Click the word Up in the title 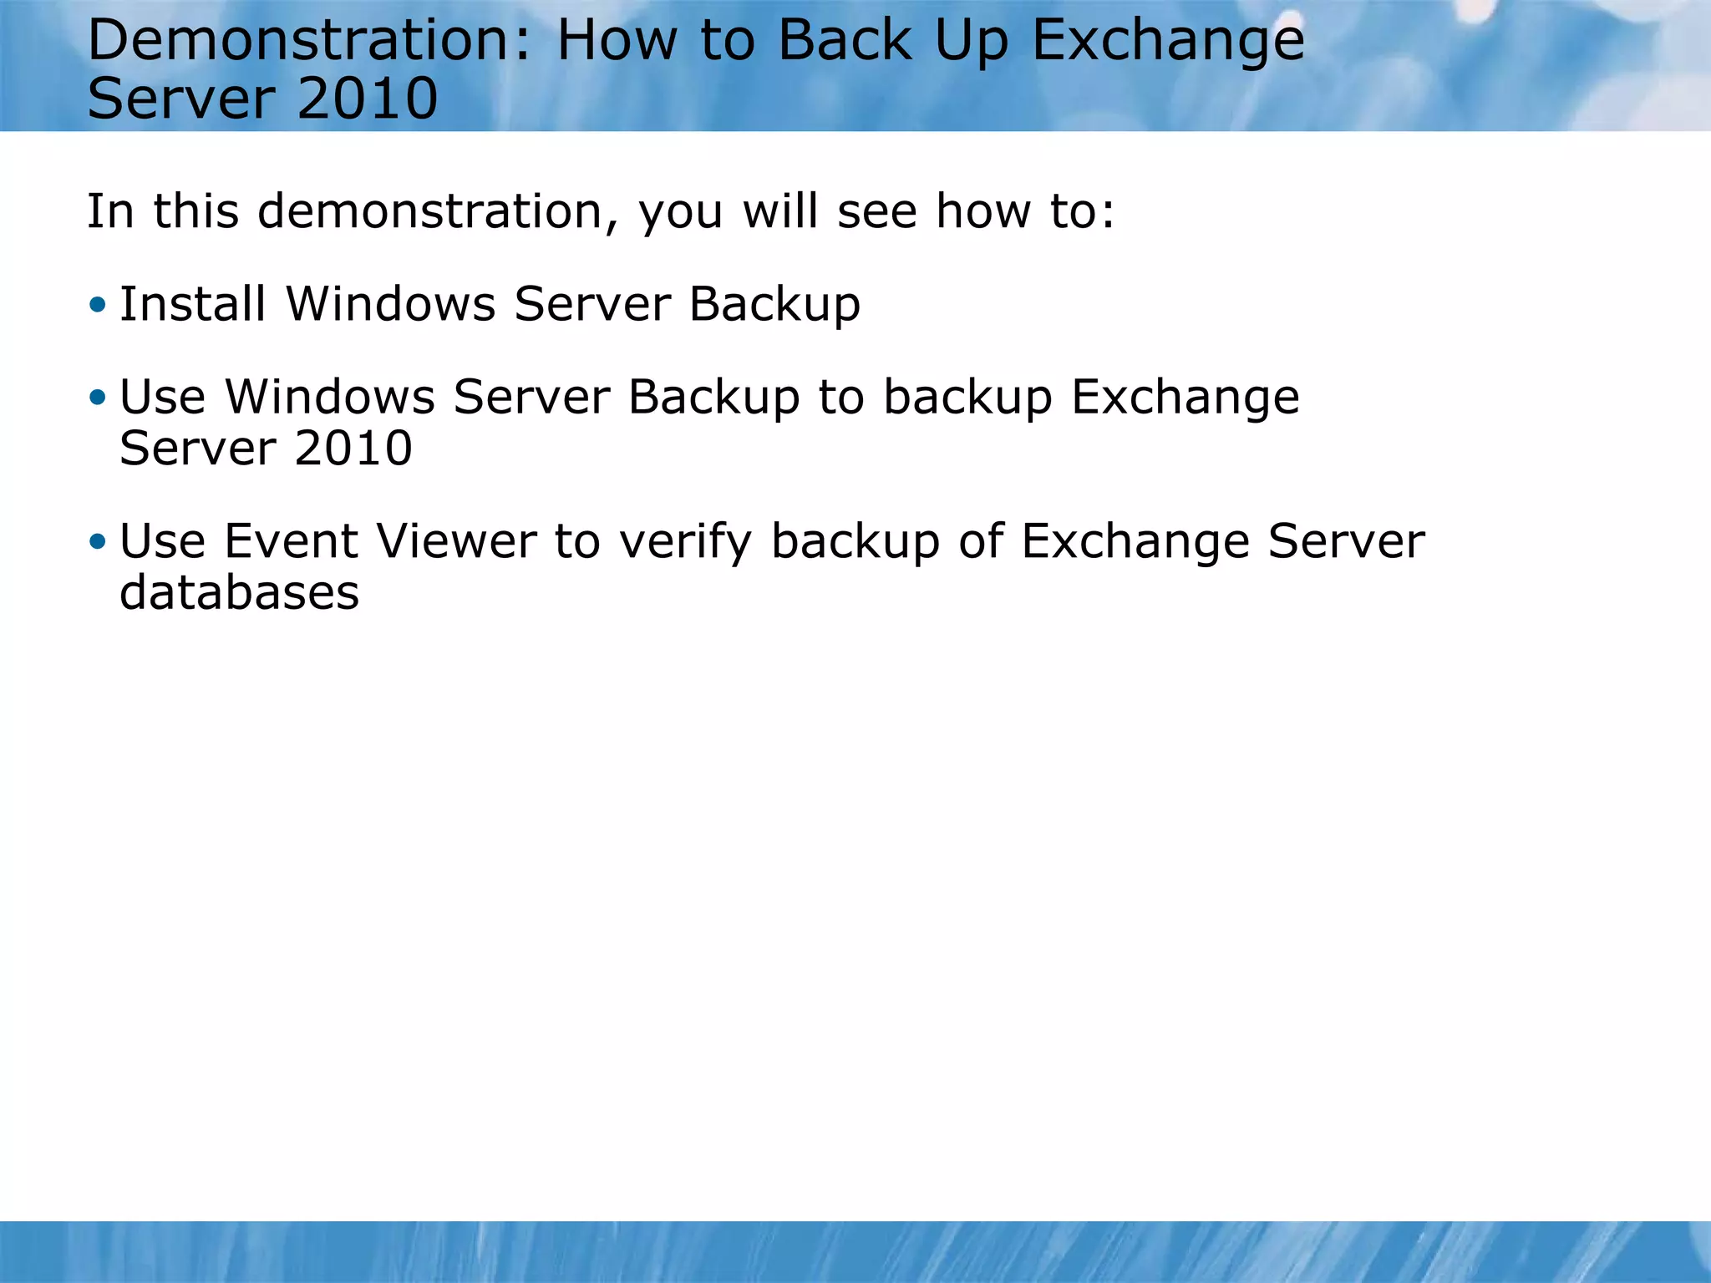point(972,42)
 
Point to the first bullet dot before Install point(98,305)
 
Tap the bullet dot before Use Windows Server point(98,398)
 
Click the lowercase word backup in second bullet point(967,397)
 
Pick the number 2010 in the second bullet point(353,449)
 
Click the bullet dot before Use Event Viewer point(98,542)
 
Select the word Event point(291,541)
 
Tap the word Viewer point(456,541)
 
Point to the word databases point(239,593)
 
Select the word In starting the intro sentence point(110,211)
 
